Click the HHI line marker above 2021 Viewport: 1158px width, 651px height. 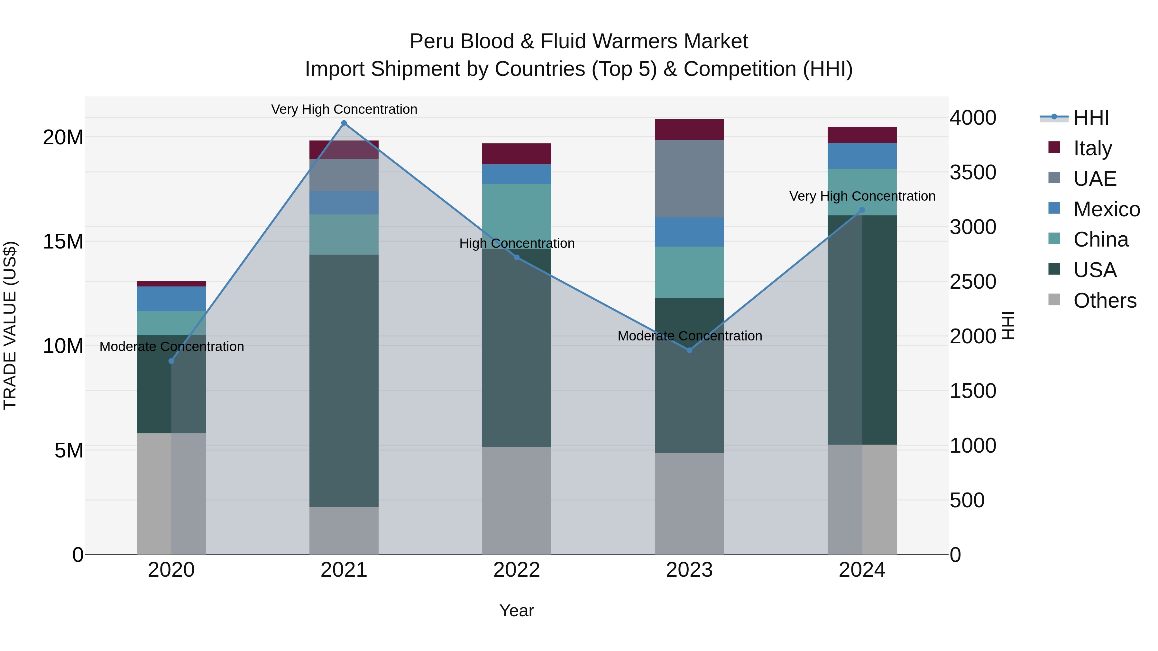click(x=344, y=123)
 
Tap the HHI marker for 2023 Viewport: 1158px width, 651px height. click(x=689, y=350)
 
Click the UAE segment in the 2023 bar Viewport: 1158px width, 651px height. click(x=689, y=178)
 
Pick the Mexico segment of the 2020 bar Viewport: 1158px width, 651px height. click(x=171, y=299)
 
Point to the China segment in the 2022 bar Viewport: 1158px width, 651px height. click(x=517, y=211)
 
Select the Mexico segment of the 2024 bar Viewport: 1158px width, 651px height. click(x=862, y=156)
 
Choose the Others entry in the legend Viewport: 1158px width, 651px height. click(x=1105, y=301)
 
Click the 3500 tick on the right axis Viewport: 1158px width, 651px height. click(x=973, y=173)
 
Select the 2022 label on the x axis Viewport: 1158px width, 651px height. click(x=517, y=570)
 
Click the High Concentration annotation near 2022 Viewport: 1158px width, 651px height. click(x=517, y=243)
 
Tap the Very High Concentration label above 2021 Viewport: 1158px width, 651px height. click(x=344, y=109)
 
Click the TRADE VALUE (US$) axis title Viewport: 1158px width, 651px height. click(x=10, y=325)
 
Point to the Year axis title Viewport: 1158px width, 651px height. click(x=517, y=610)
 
